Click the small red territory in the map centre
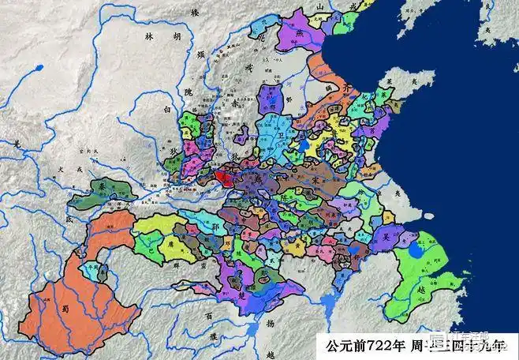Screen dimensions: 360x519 (222, 177)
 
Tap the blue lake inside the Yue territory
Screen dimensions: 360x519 (415, 253)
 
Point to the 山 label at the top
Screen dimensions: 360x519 (320, 6)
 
